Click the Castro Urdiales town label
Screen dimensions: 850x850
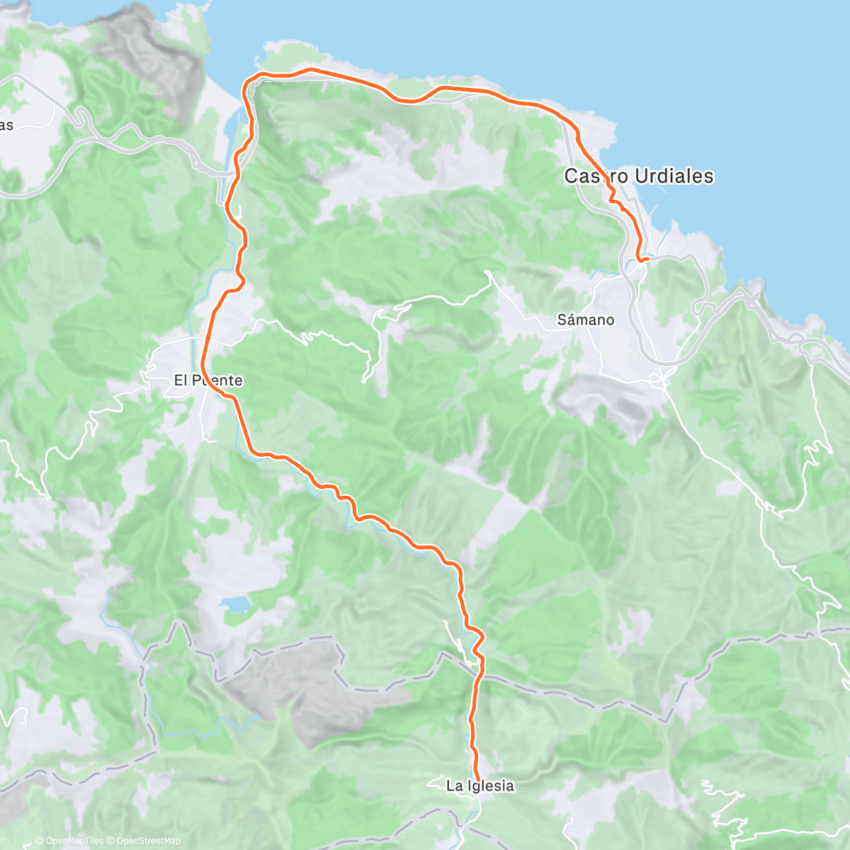click(638, 176)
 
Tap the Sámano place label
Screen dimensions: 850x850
click(585, 320)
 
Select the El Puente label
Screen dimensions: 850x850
click(208, 380)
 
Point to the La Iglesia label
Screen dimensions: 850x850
click(480, 786)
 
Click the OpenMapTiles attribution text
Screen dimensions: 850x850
click(69, 841)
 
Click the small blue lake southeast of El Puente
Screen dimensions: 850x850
click(235, 604)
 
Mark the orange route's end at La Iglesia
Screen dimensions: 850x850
click(477, 778)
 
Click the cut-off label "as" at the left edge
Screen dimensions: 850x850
click(6, 125)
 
